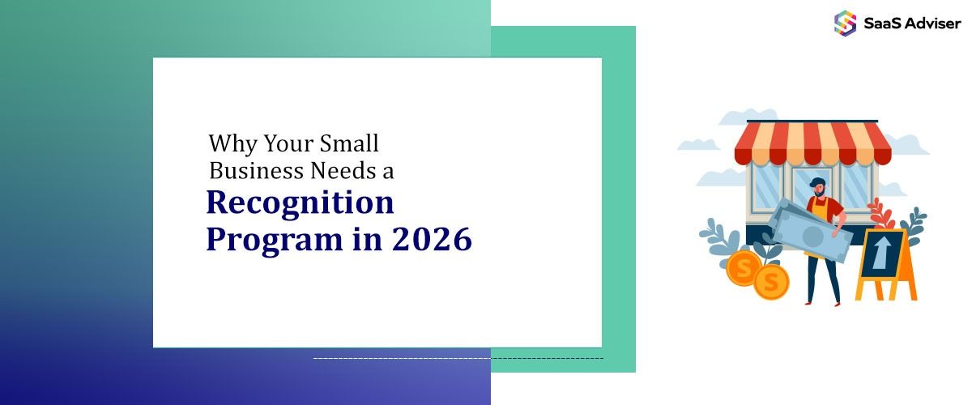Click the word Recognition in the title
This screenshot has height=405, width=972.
300,203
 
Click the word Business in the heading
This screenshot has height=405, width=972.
257,170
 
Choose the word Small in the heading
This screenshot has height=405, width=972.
347,143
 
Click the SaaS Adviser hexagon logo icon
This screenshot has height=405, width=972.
845,23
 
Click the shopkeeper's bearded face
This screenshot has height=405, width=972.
817,188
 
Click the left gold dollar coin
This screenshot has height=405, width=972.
743,266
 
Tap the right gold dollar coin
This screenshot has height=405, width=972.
771,282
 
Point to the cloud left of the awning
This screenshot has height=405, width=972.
697,144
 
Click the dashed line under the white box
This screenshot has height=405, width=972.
458,358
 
